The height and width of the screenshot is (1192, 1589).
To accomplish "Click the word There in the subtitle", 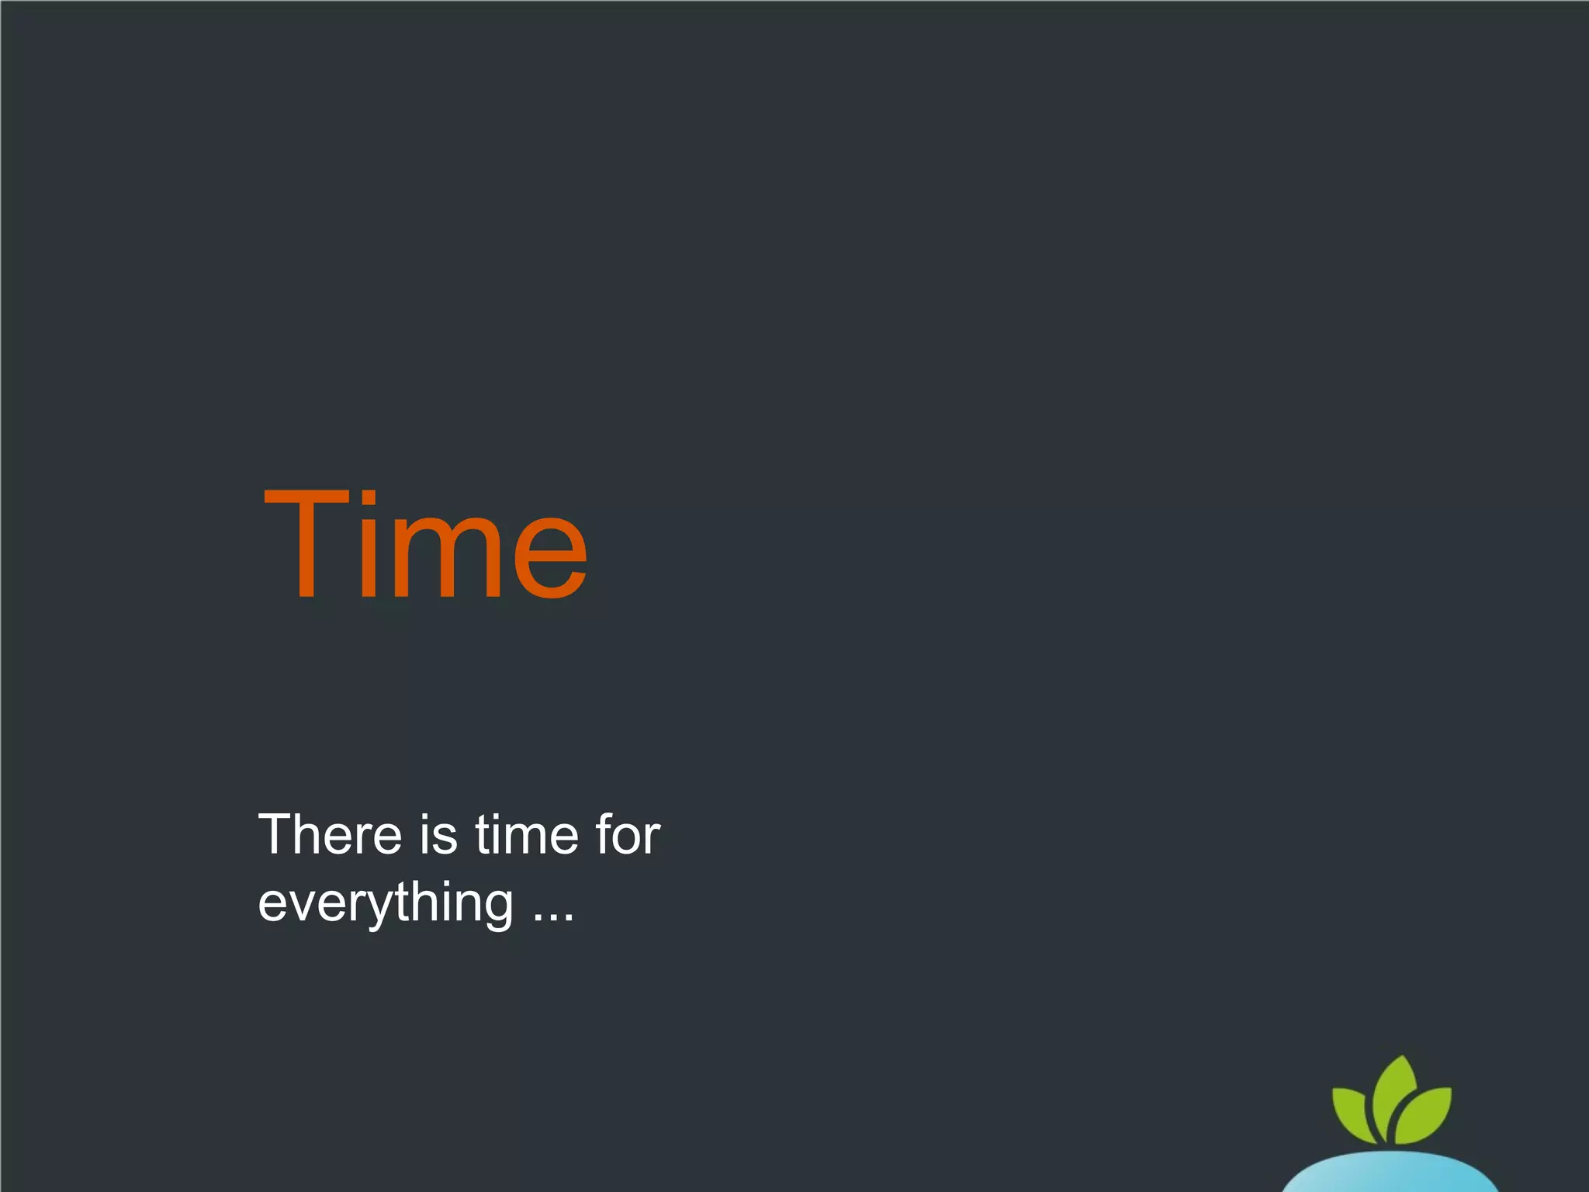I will coord(330,835).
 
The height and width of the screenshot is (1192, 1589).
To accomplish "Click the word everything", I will coord(386,903).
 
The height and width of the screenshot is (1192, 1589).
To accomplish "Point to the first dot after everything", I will coord(538,917).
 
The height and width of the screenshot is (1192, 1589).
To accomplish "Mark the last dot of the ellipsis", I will coord(569,917).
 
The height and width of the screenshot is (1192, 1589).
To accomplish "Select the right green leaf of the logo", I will coord(1425,1116).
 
